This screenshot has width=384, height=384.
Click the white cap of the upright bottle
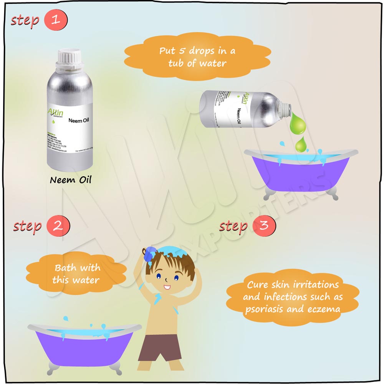pos(70,57)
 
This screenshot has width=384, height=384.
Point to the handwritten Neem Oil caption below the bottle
pos(71,179)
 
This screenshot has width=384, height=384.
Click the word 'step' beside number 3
pos(233,227)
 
